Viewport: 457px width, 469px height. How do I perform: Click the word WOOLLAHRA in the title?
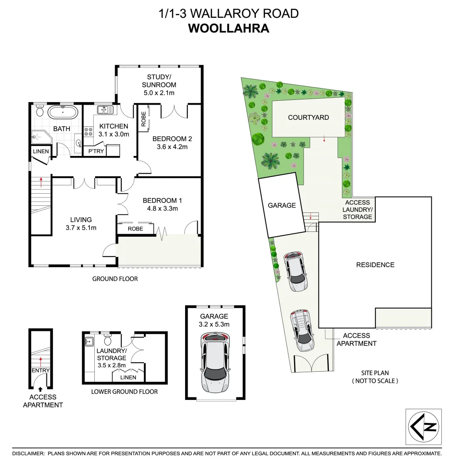tap(228, 29)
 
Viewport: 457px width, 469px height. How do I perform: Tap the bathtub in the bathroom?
tap(63, 112)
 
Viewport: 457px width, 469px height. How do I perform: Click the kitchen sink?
tap(105, 110)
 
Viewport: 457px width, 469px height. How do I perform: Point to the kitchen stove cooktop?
tap(88, 132)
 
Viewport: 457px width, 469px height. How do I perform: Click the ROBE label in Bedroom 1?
tap(136, 229)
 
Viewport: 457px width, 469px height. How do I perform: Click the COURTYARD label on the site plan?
tap(308, 117)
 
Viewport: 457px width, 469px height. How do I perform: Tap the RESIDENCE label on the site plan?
tap(375, 264)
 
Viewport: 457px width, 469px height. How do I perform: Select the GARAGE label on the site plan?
tap(281, 205)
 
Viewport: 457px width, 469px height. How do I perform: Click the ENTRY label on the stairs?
tap(40, 370)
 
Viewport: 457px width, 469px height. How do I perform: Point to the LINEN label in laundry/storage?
tap(128, 377)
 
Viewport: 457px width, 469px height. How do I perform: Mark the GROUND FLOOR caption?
tap(115, 279)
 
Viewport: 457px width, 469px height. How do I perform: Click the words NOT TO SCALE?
tap(375, 381)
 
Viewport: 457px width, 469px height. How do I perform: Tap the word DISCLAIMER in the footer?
tap(28, 453)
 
